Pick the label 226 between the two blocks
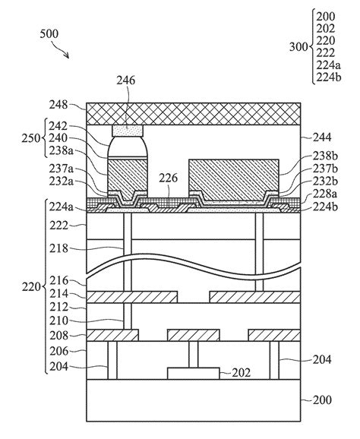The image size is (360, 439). click(170, 178)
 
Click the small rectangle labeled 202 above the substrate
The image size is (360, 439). click(194, 373)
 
